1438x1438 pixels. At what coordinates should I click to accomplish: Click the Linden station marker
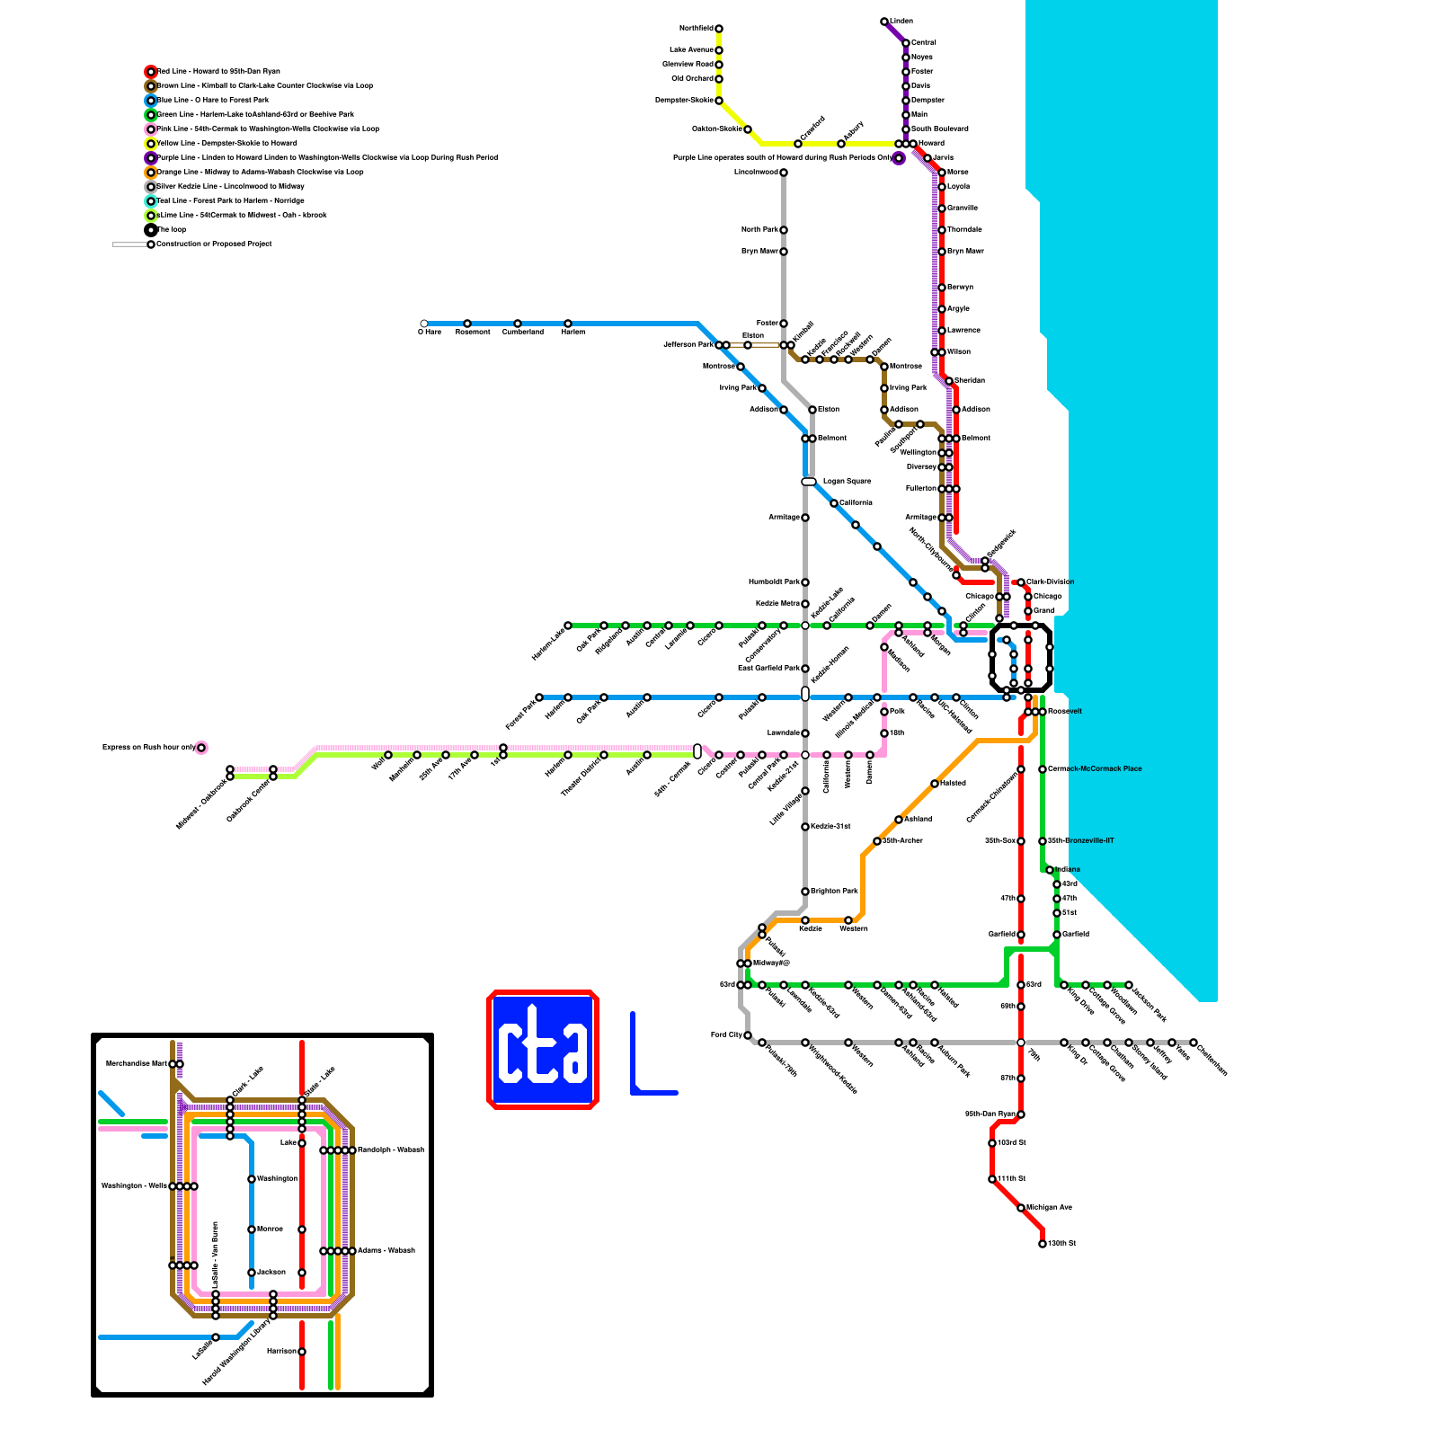tap(884, 22)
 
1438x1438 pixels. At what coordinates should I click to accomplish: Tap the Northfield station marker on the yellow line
tap(719, 29)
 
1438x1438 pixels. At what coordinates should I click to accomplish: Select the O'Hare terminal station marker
tap(424, 324)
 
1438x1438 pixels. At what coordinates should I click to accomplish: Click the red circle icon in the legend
tap(151, 72)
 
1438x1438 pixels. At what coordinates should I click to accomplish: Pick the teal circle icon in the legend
tap(151, 201)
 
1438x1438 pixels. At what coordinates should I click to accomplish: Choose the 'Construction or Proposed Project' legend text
tap(214, 244)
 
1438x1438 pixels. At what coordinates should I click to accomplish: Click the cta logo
tap(543, 1050)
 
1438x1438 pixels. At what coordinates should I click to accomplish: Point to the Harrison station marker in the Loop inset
tap(302, 1352)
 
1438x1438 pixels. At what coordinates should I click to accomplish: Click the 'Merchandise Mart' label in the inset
tap(137, 1064)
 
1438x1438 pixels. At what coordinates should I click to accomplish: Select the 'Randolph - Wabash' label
tap(390, 1150)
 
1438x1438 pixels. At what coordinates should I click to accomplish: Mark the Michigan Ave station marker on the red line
tap(1021, 1208)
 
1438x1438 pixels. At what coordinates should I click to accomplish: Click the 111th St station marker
tap(992, 1179)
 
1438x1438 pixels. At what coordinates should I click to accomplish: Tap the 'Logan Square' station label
tap(847, 482)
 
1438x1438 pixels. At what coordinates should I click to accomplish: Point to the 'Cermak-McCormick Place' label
tap(1095, 769)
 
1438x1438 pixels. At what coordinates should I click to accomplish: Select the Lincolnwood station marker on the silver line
tap(784, 173)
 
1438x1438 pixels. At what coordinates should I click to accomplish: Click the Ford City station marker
tap(748, 1035)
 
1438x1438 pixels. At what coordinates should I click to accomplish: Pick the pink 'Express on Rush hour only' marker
tap(201, 748)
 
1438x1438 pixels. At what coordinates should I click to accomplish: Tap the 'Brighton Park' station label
tap(834, 892)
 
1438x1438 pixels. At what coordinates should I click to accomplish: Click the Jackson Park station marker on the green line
tap(1129, 985)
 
